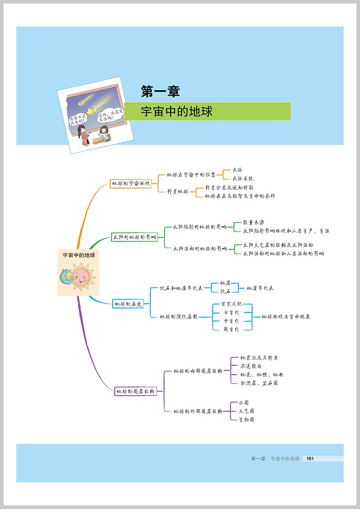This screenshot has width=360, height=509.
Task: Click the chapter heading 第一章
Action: (160, 92)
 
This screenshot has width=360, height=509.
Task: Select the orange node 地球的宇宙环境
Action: (130, 183)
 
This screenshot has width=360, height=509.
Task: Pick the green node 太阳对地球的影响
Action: (135, 237)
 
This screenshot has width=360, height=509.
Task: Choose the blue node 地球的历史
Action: (128, 304)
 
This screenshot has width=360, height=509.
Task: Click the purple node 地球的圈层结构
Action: (135, 392)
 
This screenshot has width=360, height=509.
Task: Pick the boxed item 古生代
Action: (232, 313)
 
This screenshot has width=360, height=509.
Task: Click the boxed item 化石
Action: (225, 291)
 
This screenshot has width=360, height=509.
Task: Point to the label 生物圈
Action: (246, 420)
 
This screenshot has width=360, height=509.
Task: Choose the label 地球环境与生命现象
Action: (286, 317)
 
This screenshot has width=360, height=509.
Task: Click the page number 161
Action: (309, 459)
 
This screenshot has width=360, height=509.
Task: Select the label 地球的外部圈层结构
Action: (198, 411)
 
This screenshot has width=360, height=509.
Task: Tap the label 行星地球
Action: (177, 192)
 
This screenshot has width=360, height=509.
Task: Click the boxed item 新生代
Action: (232, 329)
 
